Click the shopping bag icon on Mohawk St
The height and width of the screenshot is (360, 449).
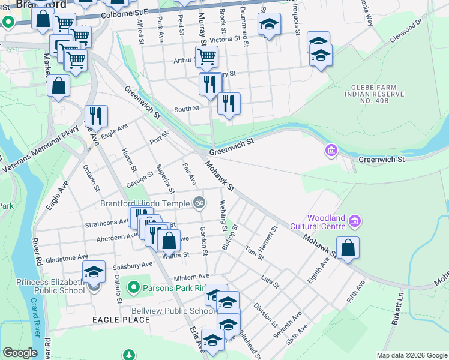pyautogui.click(x=348, y=248)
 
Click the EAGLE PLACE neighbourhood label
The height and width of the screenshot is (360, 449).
pyautogui.click(x=121, y=320)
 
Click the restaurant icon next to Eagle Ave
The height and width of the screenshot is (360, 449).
pyautogui.click(x=96, y=115)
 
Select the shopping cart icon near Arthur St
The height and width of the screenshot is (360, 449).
pyautogui.click(x=206, y=56)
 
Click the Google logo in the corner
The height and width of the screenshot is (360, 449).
pyautogui.click(x=20, y=353)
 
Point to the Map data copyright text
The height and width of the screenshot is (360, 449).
pyautogui.click(x=412, y=355)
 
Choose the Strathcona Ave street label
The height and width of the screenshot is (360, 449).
pyautogui.click(x=107, y=221)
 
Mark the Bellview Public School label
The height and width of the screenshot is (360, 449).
pyautogui.click(x=174, y=311)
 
